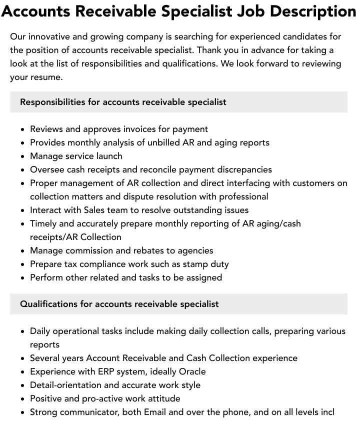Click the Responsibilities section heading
click(123, 102)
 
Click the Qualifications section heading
click(119, 304)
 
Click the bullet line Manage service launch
click(76, 156)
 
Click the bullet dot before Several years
click(23, 358)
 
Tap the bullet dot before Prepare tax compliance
click(23, 264)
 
